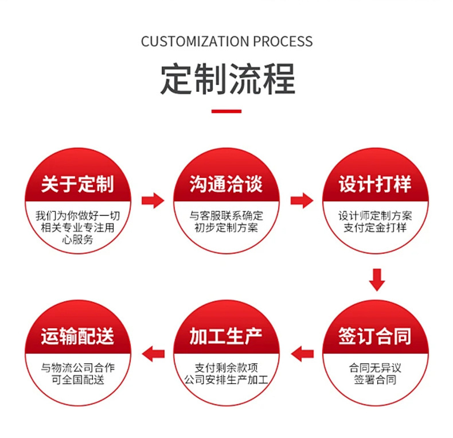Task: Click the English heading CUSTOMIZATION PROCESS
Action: coord(226,41)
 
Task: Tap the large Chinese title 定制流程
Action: coord(227,79)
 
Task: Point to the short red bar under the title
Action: coord(226,111)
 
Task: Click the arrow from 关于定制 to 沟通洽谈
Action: coord(153,201)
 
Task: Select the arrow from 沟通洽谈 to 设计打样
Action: coord(302,201)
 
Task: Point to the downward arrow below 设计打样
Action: coord(376,280)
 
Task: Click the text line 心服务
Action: coord(77,241)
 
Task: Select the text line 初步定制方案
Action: coord(226,228)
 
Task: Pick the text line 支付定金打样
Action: coord(375,228)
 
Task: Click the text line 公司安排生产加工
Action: coord(226,379)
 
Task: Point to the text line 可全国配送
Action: coord(77,379)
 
